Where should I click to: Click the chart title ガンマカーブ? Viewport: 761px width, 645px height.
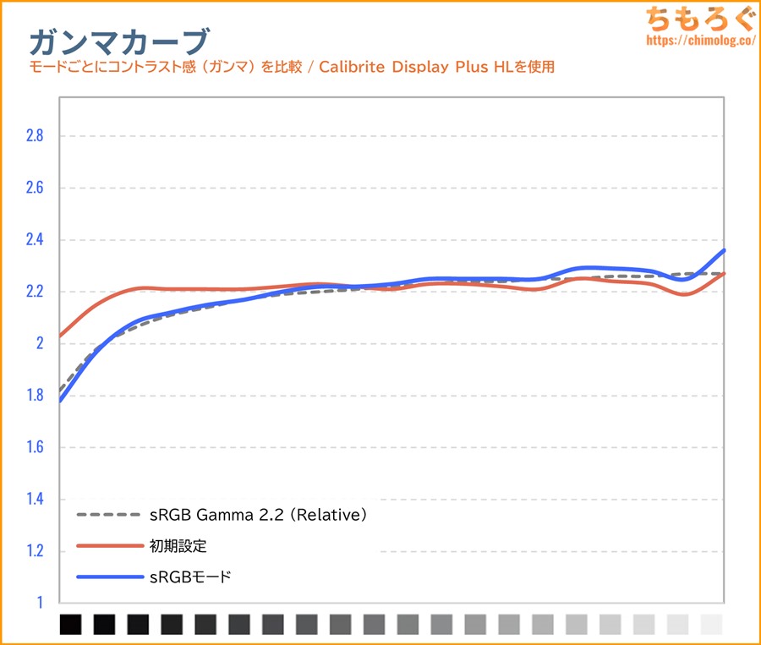tap(118, 40)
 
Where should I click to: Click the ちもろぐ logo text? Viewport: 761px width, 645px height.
tap(698, 18)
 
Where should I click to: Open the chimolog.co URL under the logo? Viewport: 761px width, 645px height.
tap(698, 40)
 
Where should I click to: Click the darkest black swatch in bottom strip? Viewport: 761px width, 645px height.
tap(71, 625)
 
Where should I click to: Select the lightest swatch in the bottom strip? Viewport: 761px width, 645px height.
tap(711, 625)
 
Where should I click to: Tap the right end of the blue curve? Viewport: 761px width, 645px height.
tap(724, 251)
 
